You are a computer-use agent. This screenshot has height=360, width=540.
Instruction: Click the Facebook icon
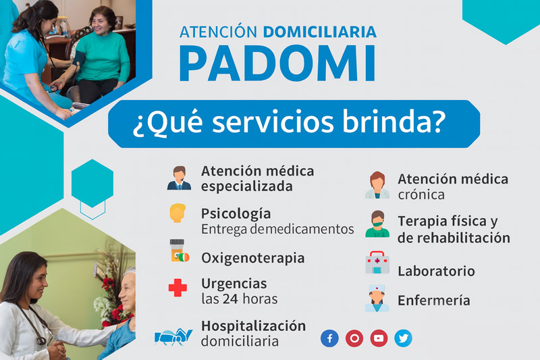click(329, 338)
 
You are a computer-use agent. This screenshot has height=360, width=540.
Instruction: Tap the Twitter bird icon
click(403, 338)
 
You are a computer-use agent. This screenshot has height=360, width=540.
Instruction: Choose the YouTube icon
click(379, 338)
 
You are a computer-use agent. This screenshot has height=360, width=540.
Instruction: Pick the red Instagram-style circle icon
click(354, 338)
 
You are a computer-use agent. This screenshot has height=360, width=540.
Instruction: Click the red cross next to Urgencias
click(178, 288)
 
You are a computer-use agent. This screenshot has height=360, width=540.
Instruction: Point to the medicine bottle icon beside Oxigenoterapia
click(178, 251)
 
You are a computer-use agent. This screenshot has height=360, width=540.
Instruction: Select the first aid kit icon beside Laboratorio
click(377, 263)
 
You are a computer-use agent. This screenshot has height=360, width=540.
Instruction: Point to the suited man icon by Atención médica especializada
click(178, 178)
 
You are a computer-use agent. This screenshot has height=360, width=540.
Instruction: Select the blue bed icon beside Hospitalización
click(173, 336)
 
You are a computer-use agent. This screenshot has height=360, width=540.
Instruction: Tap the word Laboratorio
click(436, 271)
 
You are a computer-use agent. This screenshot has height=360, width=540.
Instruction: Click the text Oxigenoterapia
click(252, 258)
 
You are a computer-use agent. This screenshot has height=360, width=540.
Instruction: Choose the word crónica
click(421, 195)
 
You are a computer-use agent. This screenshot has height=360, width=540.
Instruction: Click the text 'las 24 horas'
click(239, 298)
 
